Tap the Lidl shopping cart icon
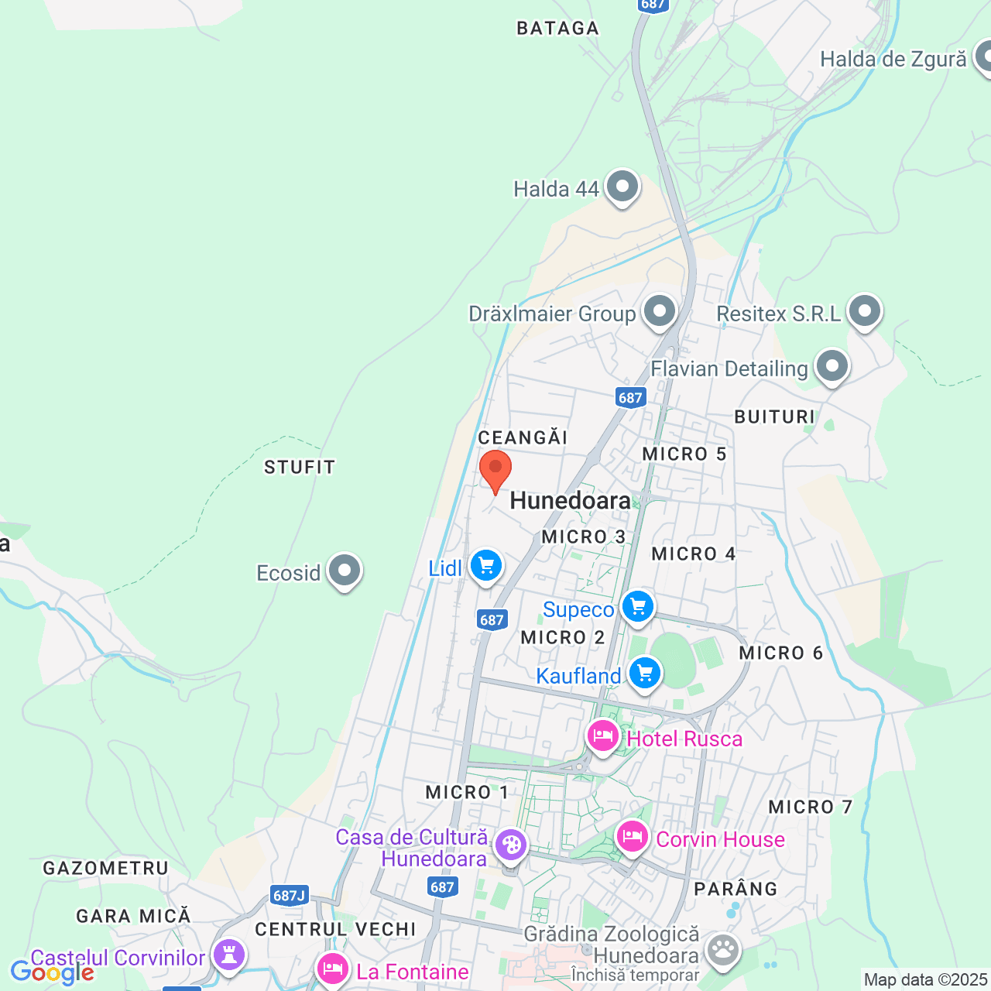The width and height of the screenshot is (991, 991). [x=486, y=566]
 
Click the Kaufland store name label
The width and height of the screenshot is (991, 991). [x=578, y=677]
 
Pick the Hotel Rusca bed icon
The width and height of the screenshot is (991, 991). [x=602, y=736]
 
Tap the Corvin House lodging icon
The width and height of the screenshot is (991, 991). [x=633, y=837]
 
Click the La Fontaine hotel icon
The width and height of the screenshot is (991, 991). [x=333, y=969]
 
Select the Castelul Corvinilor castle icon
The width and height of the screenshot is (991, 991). [x=229, y=955]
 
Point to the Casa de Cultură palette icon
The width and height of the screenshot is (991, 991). [x=510, y=845]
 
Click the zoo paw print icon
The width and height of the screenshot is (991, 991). [x=723, y=949]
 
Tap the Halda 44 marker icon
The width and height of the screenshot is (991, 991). [x=622, y=187]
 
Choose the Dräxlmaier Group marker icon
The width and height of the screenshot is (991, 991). [x=660, y=312]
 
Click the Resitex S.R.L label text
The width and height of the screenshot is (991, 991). [x=778, y=314]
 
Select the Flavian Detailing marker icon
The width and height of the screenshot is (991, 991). [x=832, y=367]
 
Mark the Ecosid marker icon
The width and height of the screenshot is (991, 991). [x=345, y=571]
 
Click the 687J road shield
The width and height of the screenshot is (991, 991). [x=290, y=896]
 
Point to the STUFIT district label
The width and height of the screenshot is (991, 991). [x=300, y=468]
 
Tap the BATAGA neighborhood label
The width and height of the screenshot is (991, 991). [x=557, y=29]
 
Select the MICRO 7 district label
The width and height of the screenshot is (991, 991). [x=810, y=808]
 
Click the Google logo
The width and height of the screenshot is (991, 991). [x=52, y=972]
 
